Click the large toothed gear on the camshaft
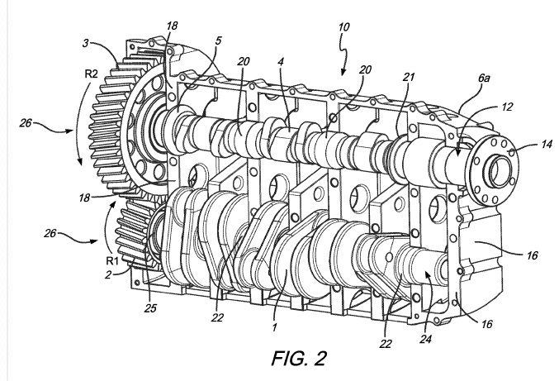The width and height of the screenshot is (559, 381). coord(124,124)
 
